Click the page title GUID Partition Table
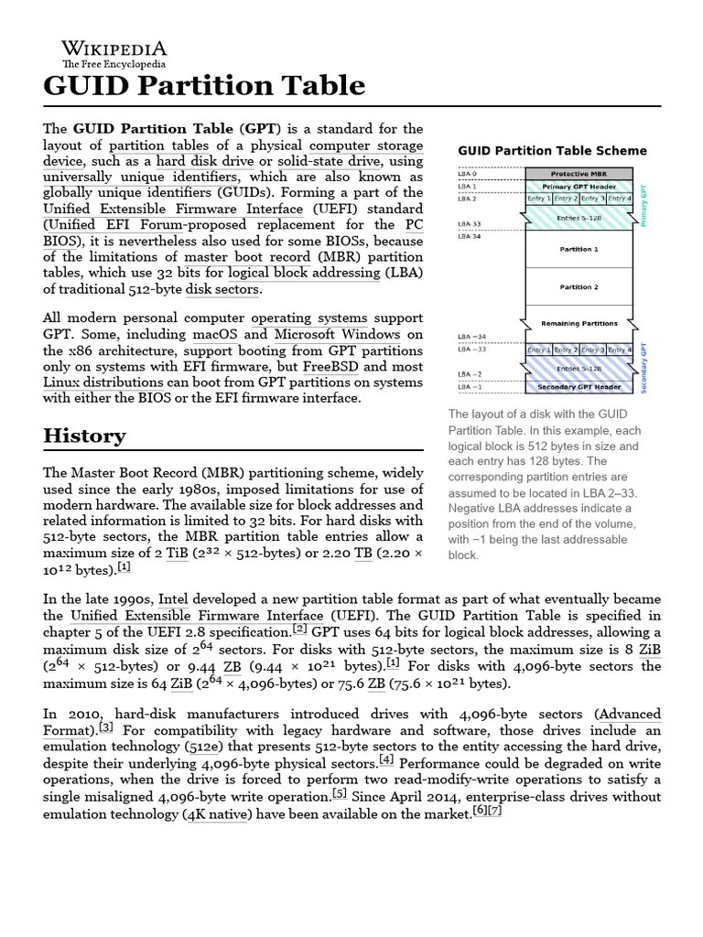[x=204, y=86]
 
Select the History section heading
[x=84, y=436]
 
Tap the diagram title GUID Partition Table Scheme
[x=552, y=151]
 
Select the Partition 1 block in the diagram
[x=579, y=249]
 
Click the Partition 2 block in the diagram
[x=579, y=287]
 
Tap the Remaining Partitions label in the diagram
[x=579, y=323]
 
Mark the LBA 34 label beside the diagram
[x=470, y=236]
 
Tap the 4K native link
[x=216, y=813]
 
